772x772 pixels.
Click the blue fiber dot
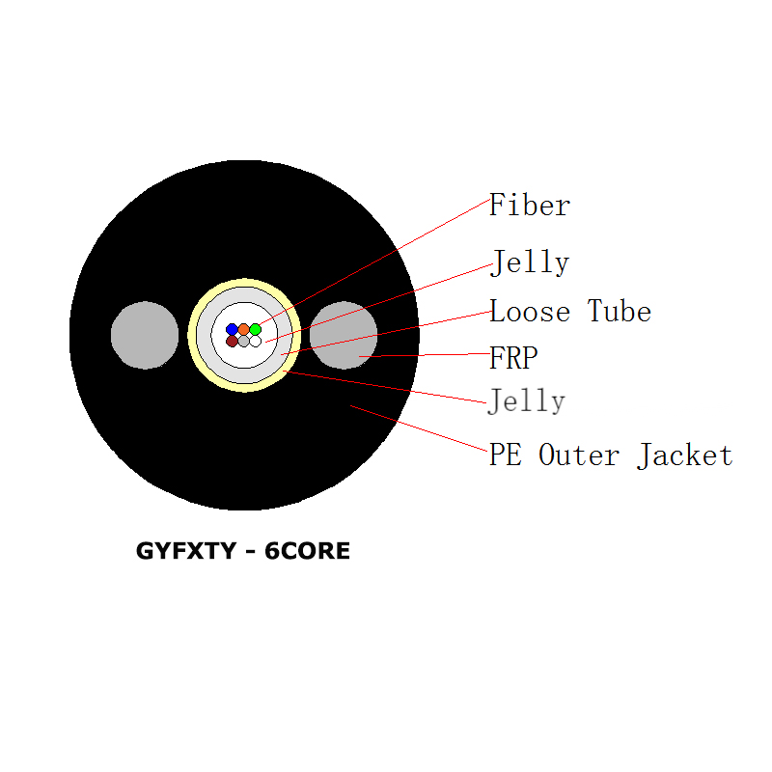pos(232,329)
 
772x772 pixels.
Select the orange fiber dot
pos(243,329)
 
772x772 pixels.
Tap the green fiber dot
pos(255,329)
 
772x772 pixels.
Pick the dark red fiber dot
pos(232,341)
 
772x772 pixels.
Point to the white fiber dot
pos(255,341)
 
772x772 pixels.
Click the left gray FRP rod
pos(145,335)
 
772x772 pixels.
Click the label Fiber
pos(529,206)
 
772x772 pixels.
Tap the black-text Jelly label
pos(529,262)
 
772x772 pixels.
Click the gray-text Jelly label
pos(527,400)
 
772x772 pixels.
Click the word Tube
pos(620,312)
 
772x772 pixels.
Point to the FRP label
pos(513,359)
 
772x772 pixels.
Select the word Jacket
pos(684,455)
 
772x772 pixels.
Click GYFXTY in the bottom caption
pos(181,552)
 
